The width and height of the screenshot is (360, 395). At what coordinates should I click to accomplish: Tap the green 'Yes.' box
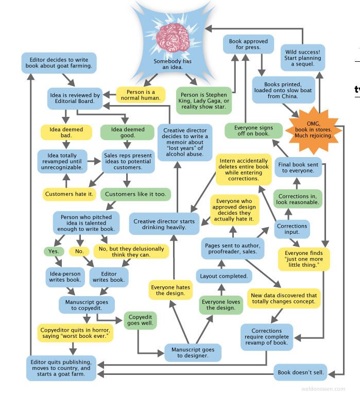point(54,251)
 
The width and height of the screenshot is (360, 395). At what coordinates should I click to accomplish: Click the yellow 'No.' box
point(79,251)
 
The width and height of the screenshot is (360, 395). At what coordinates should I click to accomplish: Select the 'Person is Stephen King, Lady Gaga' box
point(204,98)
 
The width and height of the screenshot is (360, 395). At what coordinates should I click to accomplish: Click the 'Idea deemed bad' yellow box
point(66,132)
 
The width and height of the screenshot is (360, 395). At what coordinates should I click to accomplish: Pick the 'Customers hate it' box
point(69,194)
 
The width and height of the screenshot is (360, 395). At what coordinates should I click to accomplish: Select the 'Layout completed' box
point(224,276)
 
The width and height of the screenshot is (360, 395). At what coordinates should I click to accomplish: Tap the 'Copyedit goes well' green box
point(140,319)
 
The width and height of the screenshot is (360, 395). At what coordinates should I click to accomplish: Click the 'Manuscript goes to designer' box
point(193,353)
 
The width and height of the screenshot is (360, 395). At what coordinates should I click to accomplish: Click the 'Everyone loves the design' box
point(221,305)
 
